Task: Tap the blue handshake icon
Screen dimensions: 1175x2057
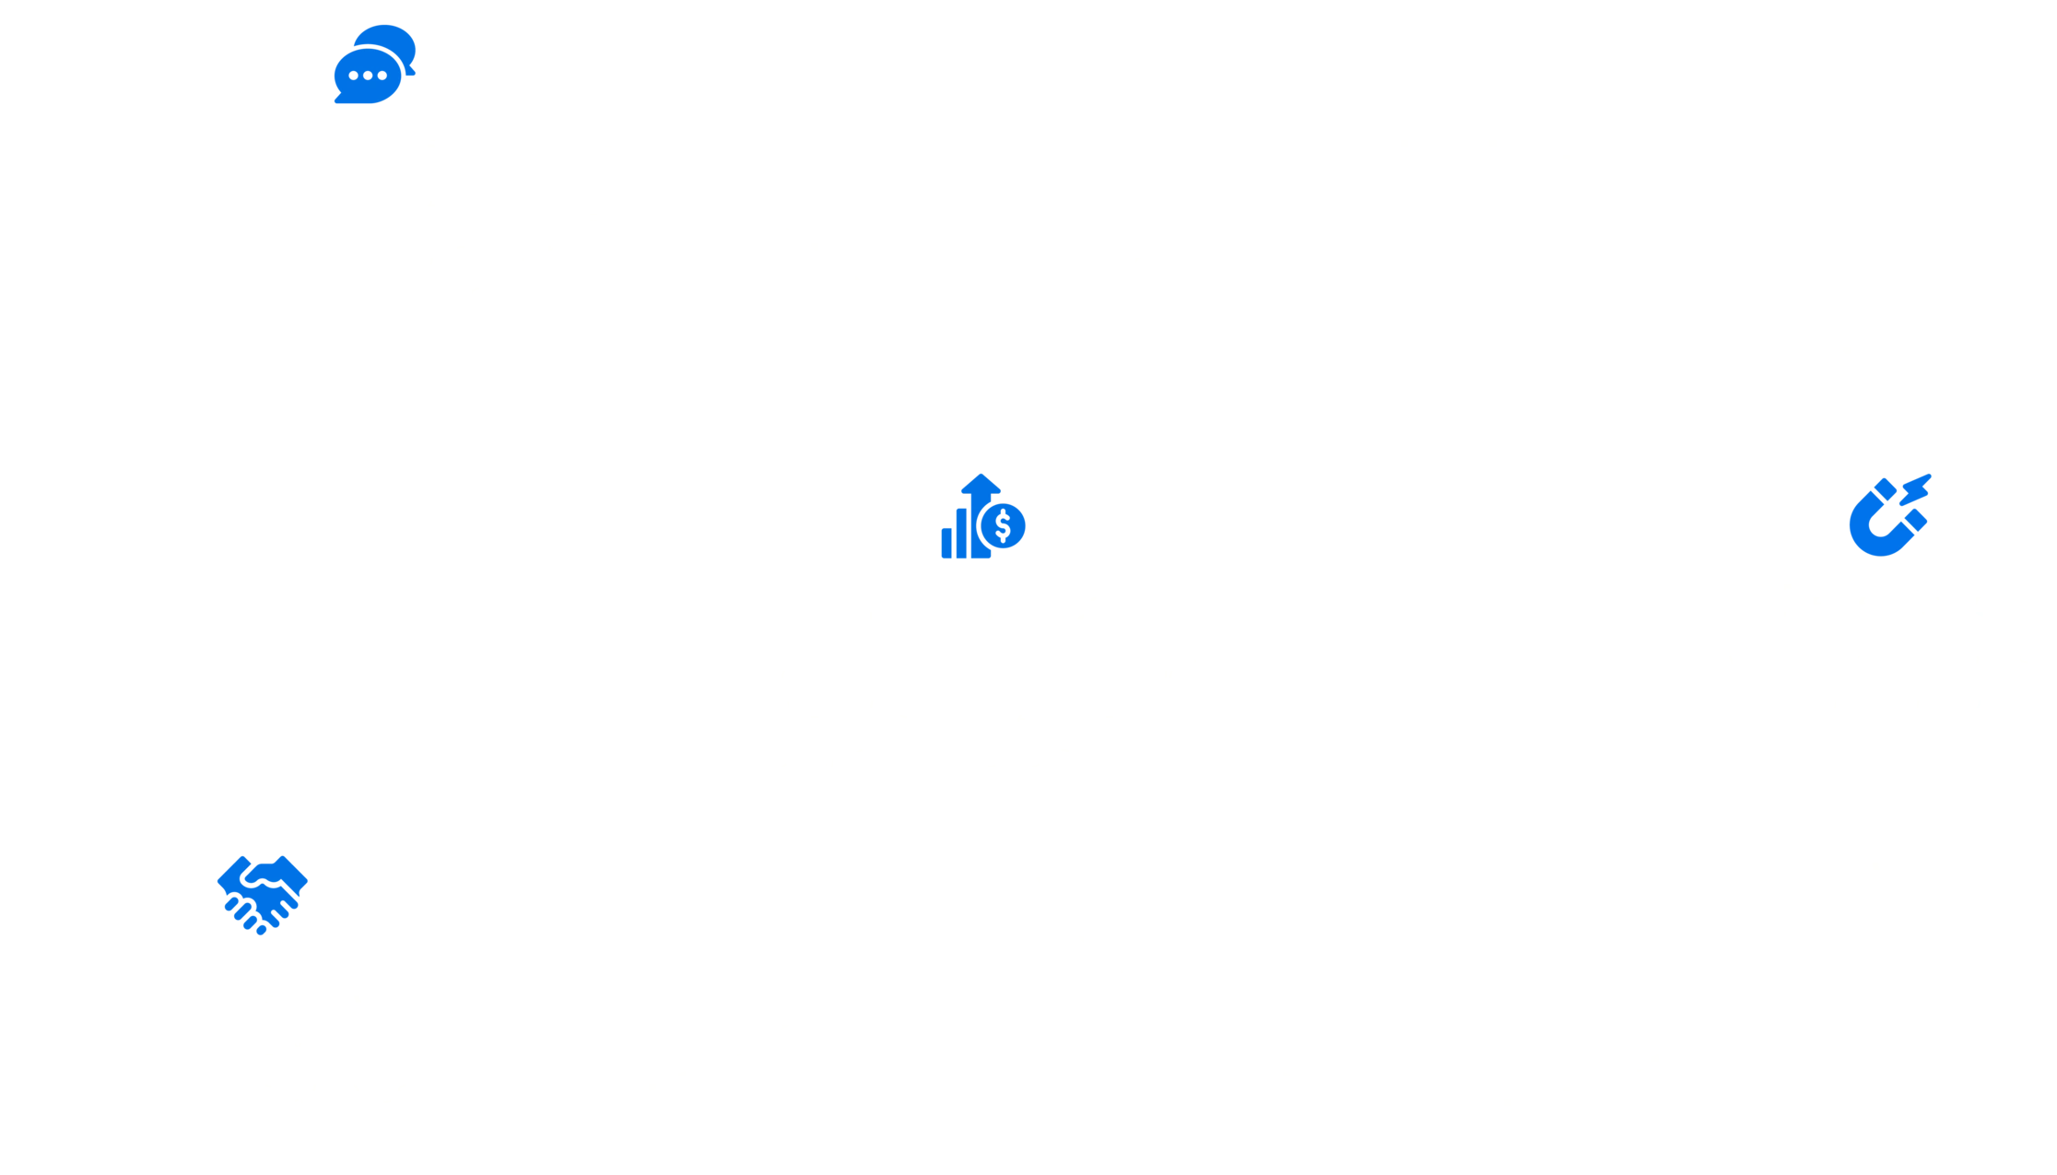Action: click(x=262, y=895)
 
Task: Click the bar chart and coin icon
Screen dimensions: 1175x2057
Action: click(x=982, y=518)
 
